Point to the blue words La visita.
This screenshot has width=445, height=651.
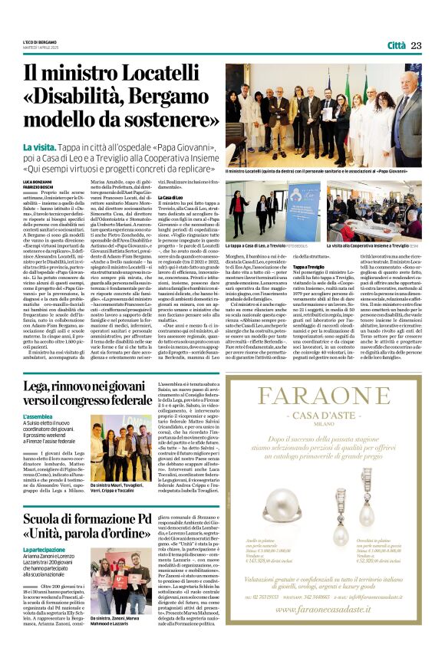37,146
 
